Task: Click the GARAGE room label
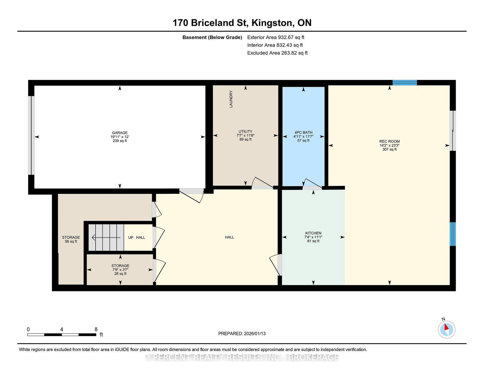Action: pyautogui.click(x=119, y=133)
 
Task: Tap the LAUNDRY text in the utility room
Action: pyautogui.click(x=231, y=99)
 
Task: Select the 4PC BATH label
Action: pyautogui.click(x=303, y=132)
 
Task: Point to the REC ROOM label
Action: pyautogui.click(x=389, y=141)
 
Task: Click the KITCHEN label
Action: pyautogui.click(x=313, y=233)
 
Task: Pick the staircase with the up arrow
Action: pyautogui.click(x=106, y=238)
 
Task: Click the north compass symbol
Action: pyautogui.click(x=446, y=329)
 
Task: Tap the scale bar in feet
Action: pyautogui.click(x=62, y=335)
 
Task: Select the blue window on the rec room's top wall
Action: pyautogui.click(x=404, y=83)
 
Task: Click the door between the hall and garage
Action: pyautogui.click(x=191, y=195)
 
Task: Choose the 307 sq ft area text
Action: pyautogui.click(x=389, y=149)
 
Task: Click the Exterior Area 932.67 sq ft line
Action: pyautogui.click(x=276, y=37)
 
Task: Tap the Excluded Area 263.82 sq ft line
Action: pyautogui.click(x=277, y=53)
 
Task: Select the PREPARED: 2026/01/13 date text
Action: pyautogui.click(x=242, y=333)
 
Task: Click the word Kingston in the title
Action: pyautogui.click(x=272, y=23)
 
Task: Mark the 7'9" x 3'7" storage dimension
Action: pyautogui.click(x=120, y=270)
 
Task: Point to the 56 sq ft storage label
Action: pyautogui.click(x=71, y=241)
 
